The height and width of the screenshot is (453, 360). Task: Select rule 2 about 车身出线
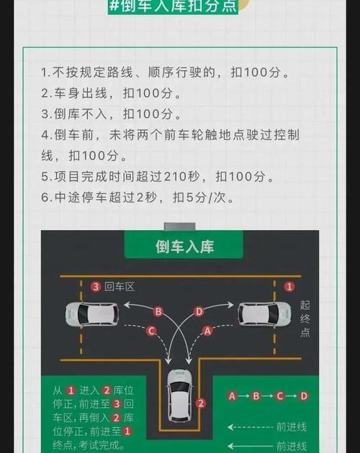pos(111,93)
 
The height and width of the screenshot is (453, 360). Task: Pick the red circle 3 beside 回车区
pos(96,287)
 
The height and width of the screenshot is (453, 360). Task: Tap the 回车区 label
pos(120,287)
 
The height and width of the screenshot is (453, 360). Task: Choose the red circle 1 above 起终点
pos(289,286)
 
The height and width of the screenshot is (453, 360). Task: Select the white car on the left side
pos(91,314)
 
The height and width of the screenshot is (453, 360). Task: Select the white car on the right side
pos(264,314)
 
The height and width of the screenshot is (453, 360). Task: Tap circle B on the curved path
pos(158,311)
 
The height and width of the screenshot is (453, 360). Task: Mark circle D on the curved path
pos(199,311)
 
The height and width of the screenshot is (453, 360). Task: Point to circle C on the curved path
pos(151,331)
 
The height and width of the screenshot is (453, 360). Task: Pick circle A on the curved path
pos(207,331)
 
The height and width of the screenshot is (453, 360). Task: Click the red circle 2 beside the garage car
pos(201,403)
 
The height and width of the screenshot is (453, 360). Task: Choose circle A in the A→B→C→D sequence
pos(232,395)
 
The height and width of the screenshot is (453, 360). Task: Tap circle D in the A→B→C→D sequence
pos(304,395)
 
